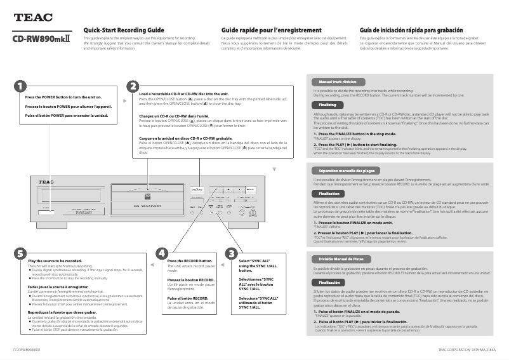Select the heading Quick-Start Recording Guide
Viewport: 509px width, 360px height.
[x=124, y=30]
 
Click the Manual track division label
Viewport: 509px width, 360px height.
[x=337, y=82]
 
